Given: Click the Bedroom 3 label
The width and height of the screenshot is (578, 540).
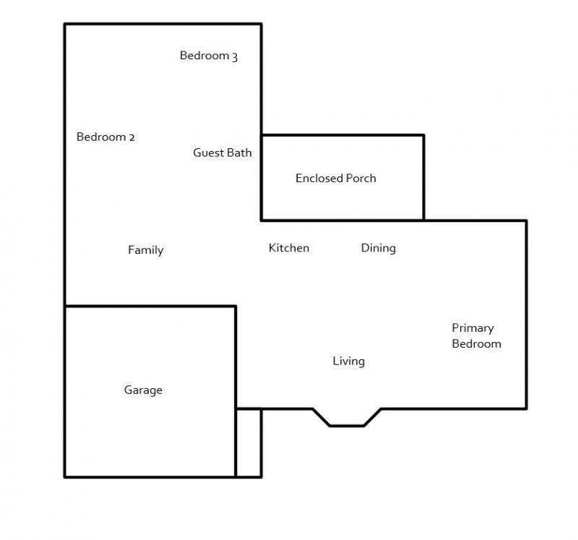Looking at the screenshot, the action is click(x=209, y=56).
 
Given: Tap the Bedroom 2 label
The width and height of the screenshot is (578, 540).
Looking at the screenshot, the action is click(x=105, y=137).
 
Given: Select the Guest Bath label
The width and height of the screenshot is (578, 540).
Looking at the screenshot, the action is click(x=223, y=153).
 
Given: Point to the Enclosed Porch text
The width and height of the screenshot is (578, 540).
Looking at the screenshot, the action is click(x=336, y=178).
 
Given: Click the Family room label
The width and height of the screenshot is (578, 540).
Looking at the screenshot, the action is click(x=146, y=250).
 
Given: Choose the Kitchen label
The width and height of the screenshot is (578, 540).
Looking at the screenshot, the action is click(x=289, y=248).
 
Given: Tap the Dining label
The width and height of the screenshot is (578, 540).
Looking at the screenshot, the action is click(x=378, y=248).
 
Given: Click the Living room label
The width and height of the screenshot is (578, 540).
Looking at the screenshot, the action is click(x=349, y=361).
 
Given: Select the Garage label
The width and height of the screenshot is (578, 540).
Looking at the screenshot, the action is click(x=143, y=390).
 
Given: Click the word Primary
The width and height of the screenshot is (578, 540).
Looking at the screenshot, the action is click(x=473, y=328).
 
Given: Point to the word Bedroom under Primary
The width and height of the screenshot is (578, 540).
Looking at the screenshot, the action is click(x=477, y=344).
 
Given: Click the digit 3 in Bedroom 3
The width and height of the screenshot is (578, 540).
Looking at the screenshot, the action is click(x=234, y=56).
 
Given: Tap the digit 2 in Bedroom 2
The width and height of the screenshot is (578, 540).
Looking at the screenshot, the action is click(x=131, y=137).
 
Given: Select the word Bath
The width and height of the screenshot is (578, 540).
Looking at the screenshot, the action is click(x=240, y=153).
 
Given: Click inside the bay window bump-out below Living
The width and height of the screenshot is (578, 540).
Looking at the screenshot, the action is click(x=347, y=417).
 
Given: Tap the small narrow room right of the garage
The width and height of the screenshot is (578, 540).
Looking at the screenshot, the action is click(x=249, y=443).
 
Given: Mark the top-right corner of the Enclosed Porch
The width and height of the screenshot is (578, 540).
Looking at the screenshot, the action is click(x=424, y=135).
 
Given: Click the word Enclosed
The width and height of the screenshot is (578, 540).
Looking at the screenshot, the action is click(x=319, y=178).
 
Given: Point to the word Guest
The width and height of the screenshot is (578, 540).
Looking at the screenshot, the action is click(x=209, y=153).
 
